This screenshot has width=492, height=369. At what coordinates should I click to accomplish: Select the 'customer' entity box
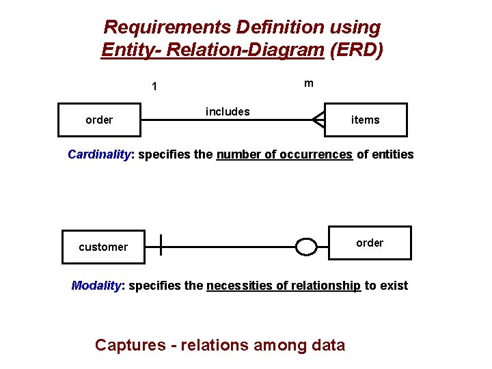(x=103, y=247)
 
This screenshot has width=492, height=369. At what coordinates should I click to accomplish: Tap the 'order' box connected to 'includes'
(x=99, y=120)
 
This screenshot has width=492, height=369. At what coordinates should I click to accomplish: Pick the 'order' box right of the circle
(x=370, y=243)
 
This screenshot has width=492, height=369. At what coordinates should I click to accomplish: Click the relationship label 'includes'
(x=228, y=111)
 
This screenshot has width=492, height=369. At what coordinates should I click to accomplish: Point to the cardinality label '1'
(x=155, y=87)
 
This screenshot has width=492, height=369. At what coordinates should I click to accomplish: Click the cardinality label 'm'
(x=309, y=83)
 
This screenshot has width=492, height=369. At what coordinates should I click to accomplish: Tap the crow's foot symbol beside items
(x=318, y=120)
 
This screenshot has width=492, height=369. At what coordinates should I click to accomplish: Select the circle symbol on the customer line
(x=307, y=247)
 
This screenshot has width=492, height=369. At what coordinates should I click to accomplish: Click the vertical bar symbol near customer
(x=161, y=245)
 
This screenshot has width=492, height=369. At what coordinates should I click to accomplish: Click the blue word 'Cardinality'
(x=98, y=154)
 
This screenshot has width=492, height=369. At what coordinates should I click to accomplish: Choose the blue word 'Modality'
(x=97, y=286)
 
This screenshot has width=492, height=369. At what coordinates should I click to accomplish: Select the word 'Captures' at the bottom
(x=130, y=345)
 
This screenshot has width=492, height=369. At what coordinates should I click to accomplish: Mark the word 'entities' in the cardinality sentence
(x=392, y=154)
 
